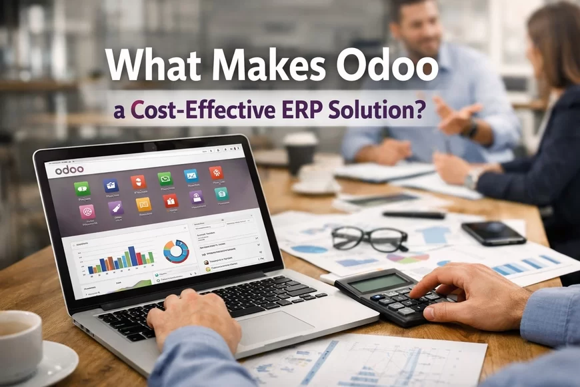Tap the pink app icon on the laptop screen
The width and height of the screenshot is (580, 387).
87,212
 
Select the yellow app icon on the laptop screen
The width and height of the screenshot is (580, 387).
143,204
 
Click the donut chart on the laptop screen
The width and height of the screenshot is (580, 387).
176,251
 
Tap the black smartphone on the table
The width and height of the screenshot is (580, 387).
493,232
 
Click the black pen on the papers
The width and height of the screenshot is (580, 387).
413,215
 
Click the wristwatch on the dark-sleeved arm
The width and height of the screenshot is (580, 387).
475,177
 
